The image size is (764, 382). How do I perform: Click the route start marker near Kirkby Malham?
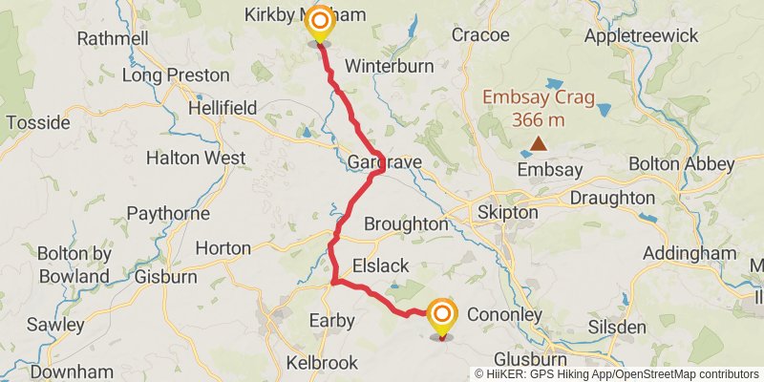(x=320, y=22)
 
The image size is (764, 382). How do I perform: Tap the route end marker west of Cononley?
(x=441, y=315)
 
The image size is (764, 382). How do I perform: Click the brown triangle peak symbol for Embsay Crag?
(x=540, y=144)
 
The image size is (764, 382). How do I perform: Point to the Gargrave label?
(x=385, y=163)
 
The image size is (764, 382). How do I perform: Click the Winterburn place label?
(x=389, y=67)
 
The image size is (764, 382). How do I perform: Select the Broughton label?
(x=406, y=223)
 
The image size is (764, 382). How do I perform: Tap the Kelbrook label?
(x=323, y=363)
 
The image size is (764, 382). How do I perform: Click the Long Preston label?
(x=177, y=74)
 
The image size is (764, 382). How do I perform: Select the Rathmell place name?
(x=113, y=39)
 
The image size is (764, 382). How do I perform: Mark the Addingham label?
(x=690, y=253)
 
